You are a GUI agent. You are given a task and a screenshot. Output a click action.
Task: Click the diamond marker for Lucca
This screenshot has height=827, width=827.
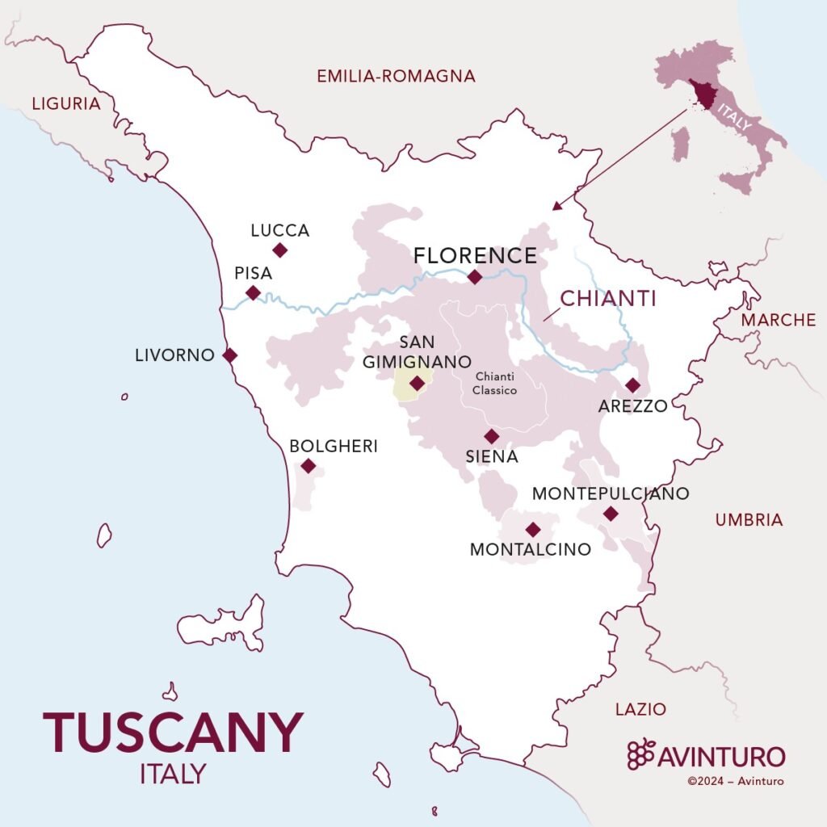(x=279, y=250)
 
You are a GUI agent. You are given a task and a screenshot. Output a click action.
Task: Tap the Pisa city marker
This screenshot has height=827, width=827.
(x=253, y=292)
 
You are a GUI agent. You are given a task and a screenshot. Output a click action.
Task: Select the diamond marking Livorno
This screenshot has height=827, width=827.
(x=230, y=355)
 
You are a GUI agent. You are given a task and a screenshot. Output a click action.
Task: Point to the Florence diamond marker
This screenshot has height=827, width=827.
(x=475, y=277)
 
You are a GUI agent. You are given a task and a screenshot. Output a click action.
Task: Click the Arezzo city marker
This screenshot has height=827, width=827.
(x=632, y=385)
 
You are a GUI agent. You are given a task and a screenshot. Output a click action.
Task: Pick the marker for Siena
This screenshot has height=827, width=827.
(x=491, y=437)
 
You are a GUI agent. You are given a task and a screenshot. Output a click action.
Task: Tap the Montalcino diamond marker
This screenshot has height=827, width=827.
(x=532, y=530)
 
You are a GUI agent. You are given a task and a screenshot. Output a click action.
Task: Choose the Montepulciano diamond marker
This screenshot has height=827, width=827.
(x=611, y=514)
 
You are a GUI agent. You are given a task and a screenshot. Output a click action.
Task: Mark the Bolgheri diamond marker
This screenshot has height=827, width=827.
(x=308, y=466)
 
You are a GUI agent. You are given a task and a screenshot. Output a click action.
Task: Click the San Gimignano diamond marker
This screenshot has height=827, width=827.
(x=417, y=384)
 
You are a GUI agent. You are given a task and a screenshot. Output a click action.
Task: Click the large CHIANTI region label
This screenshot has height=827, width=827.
(x=608, y=298)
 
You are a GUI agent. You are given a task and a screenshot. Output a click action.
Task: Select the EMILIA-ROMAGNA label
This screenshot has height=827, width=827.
(x=396, y=77)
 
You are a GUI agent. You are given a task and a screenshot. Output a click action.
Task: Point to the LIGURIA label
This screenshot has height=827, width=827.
(x=65, y=104)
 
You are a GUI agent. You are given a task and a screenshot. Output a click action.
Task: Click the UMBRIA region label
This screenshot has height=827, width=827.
(x=749, y=520)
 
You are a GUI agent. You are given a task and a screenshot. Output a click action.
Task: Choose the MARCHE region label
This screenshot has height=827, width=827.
(x=779, y=320)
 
